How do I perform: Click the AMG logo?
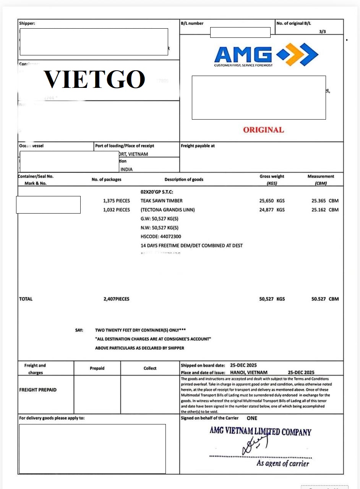click(266, 55)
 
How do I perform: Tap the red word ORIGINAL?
click(263, 130)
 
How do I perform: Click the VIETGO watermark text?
click(94, 80)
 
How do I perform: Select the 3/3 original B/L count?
click(323, 31)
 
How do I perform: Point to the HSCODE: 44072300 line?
click(161, 236)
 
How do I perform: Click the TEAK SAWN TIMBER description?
click(161, 201)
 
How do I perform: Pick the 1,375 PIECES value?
click(117, 201)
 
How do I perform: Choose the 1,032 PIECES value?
click(117, 210)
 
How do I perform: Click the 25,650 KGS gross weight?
click(272, 201)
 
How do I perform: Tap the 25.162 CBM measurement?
click(325, 210)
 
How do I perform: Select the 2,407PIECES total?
click(116, 299)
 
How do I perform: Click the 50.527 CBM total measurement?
click(325, 299)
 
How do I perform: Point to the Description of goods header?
click(184, 180)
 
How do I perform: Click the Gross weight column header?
click(272, 176)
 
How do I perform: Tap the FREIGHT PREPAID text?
click(38, 390)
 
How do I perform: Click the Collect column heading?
click(150, 368)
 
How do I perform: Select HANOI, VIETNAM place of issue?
click(249, 372)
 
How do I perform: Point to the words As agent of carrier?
click(282, 463)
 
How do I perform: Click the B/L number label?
click(192, 23)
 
